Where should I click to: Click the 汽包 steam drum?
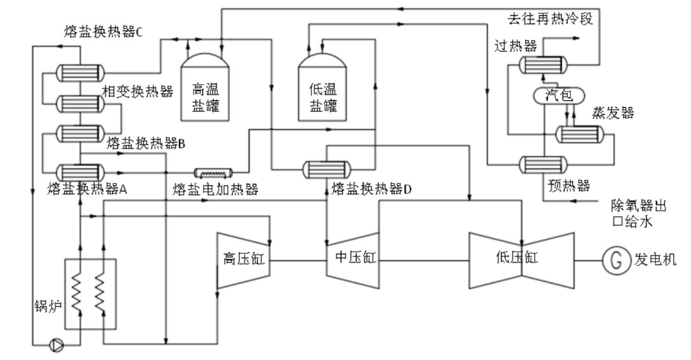tap(559, 96)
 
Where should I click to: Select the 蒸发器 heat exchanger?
tap(580, 134)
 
